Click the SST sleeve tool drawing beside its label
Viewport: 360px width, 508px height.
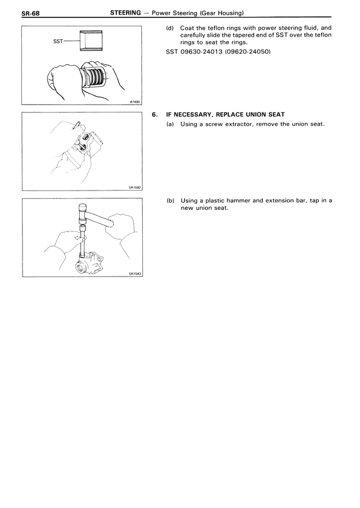click(x=91, y=41)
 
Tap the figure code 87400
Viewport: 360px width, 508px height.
click(x=134, y=102)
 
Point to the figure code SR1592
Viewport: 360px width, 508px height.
click(x=133, y=188)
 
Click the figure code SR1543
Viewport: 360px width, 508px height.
click(x=133, y=274)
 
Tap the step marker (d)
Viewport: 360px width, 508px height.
click(x=169, y=27)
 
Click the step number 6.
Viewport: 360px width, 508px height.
click(x=155, y=115)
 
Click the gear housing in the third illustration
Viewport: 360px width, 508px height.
click(x=93, y=263)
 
